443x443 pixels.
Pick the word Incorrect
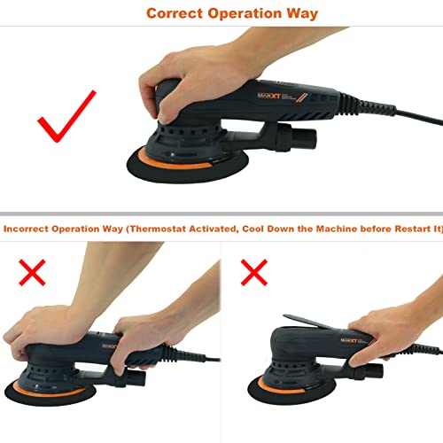[x=27, y=228]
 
